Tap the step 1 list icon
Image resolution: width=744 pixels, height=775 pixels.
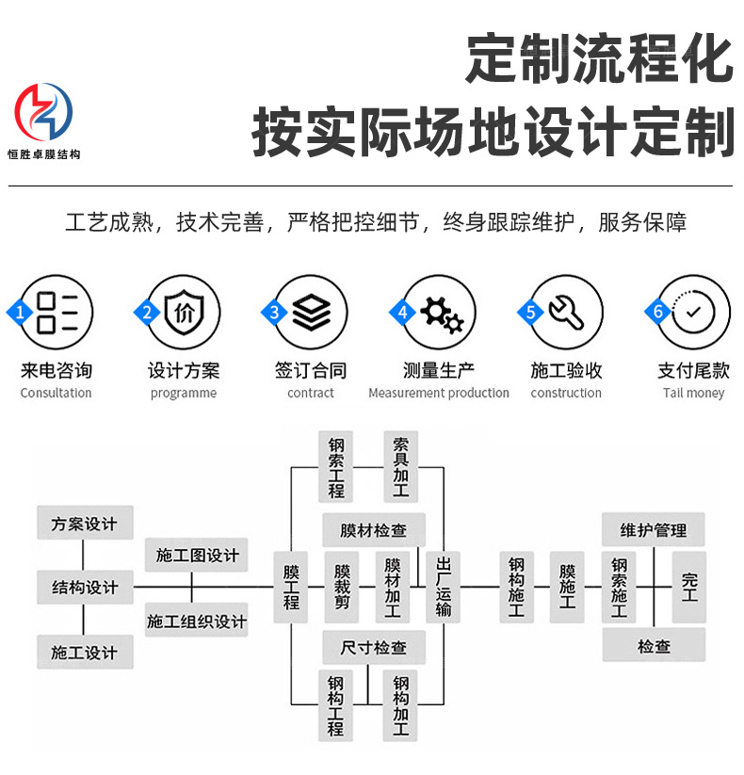click(61, 312)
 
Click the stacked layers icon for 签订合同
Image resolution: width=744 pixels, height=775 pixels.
click(311, 312)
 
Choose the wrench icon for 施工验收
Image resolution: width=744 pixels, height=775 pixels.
click(567, 312)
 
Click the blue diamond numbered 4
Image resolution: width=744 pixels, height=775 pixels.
click(403, 312)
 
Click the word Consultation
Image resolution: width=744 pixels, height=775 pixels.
click(57, 394)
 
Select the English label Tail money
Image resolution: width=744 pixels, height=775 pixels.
click(693, 394)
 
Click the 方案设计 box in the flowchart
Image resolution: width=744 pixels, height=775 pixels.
click(85, 524)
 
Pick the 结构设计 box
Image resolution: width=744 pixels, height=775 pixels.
click(85, 588)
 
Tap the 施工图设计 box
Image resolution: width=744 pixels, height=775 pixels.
click(197, 556)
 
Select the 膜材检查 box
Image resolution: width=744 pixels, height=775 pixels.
click(373, 530)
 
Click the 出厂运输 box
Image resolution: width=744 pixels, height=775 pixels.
click(445, 588)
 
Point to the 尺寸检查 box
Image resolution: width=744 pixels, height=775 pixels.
click(373, 648)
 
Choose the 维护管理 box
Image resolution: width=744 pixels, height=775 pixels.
click(654, 530)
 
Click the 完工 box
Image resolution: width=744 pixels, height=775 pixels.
click(689, 588)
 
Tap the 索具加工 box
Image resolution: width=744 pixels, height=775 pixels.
click(401, 466)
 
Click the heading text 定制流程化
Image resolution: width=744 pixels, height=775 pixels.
click(599, 61)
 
